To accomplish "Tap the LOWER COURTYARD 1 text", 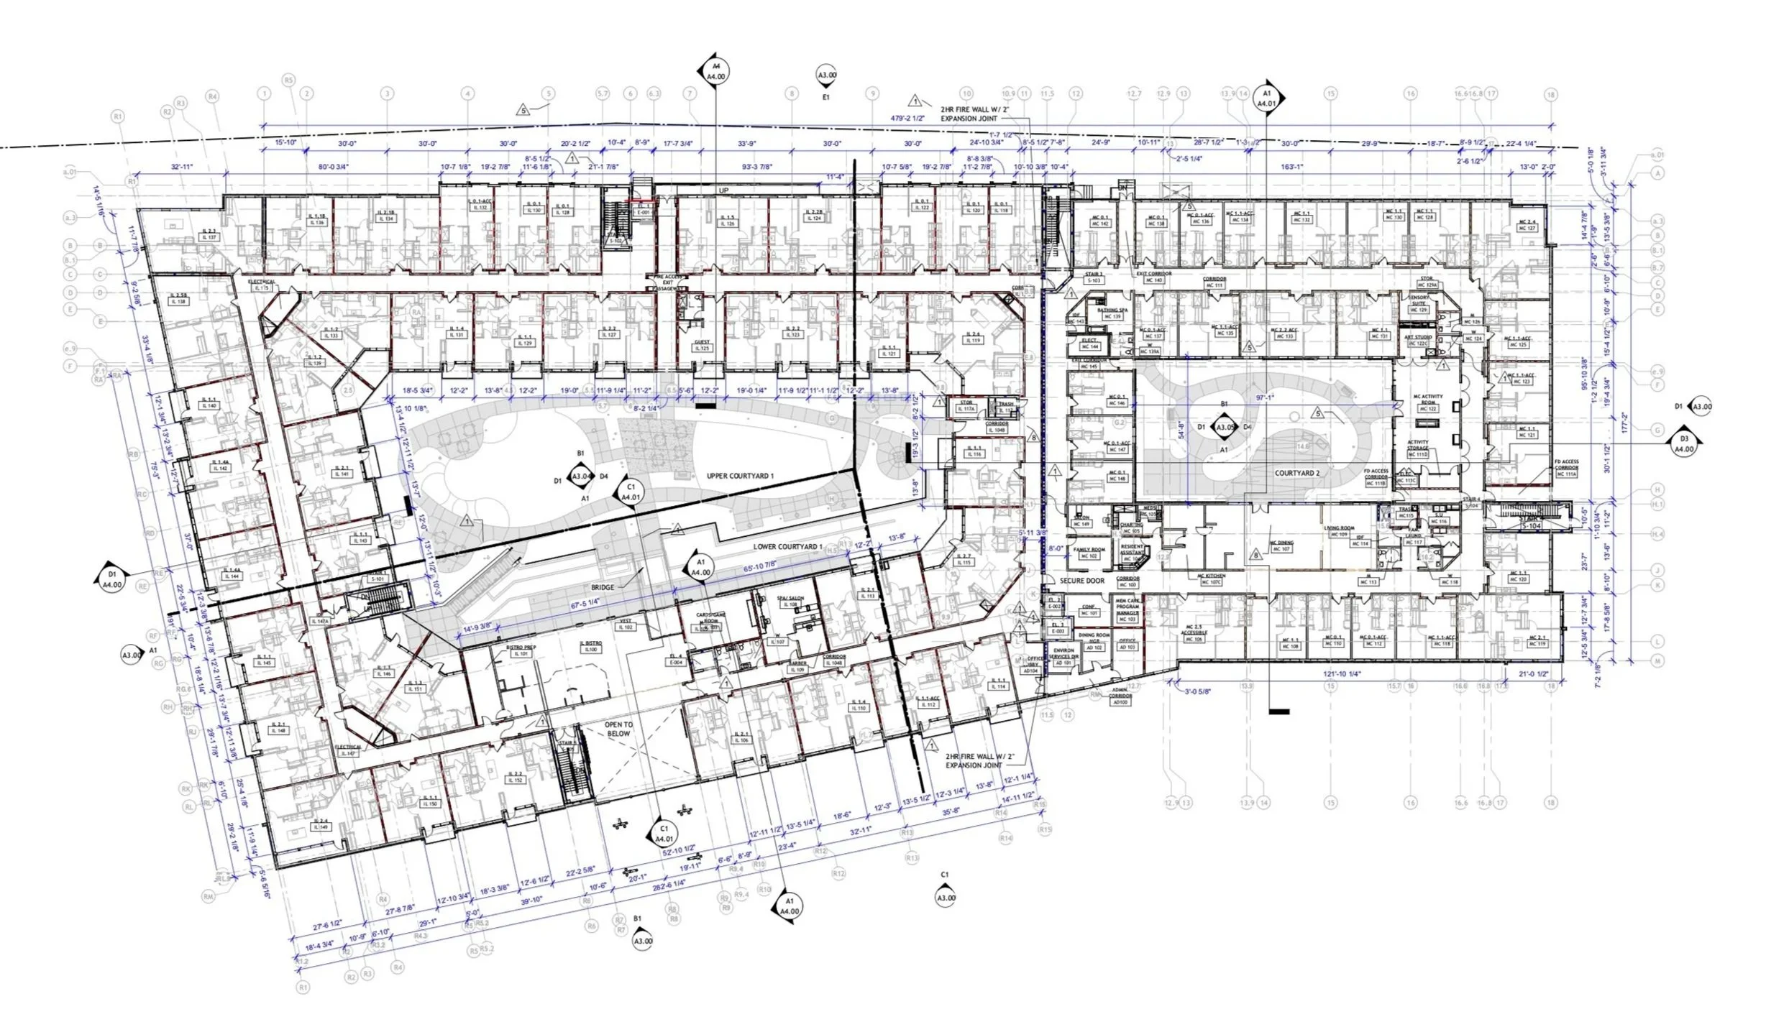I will click(787, 547).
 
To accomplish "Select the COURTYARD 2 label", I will click(1297, 474).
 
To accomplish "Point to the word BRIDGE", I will click(603, 587).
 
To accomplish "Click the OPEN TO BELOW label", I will click(618, 729).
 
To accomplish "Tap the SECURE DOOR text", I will click(1081, 581).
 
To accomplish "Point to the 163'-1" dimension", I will click(1292, 167).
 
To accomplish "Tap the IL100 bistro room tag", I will click(591, 650).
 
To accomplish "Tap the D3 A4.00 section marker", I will click(1684, 443).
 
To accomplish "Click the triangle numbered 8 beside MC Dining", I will click(1255, 555).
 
